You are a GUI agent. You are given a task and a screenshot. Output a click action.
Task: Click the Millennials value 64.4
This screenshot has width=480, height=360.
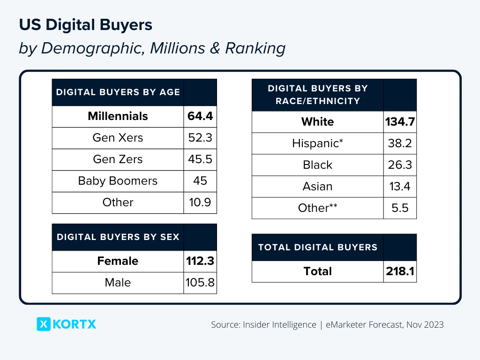pos(200,116)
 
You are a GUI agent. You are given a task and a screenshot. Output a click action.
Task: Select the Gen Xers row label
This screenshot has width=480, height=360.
pos(118,138)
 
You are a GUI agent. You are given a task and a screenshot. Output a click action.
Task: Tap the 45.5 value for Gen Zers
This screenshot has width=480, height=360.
pos(200,159)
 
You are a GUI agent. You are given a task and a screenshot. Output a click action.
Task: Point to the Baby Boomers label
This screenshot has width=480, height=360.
pos(118,181)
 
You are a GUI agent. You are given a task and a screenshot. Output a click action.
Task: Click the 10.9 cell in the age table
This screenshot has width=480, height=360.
pos(200,202)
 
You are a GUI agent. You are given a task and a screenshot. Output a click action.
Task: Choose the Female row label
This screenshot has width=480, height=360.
pos(118,261)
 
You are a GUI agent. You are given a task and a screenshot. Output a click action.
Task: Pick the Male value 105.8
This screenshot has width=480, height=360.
pos(200,283)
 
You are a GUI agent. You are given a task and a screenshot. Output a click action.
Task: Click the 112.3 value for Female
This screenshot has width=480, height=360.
pos(200,261)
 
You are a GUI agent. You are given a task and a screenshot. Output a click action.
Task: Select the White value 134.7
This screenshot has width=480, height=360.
pos(400,122)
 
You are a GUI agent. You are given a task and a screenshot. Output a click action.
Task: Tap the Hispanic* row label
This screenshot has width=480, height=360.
pos(318,143)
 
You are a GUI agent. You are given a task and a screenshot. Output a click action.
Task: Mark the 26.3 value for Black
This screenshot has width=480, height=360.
pos(400,165)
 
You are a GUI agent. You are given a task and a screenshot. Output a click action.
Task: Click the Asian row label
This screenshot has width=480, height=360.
pos(318,187)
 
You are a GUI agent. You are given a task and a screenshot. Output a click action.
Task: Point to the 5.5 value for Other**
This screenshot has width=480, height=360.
pos(400,208)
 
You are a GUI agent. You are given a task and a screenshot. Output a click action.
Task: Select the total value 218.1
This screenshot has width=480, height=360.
pos(400,271)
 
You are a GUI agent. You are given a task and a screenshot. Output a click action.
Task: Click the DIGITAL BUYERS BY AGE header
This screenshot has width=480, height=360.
pos(118,92)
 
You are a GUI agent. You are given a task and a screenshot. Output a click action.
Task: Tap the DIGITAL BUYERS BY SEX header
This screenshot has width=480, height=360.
pos(118,237)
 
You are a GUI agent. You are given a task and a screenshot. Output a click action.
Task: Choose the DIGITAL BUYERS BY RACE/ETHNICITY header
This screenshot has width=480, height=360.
pos(318,95)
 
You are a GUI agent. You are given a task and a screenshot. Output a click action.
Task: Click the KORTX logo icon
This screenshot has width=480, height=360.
pos(44,324)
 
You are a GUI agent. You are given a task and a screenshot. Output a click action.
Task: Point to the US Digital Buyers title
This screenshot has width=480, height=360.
pos(86,25)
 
